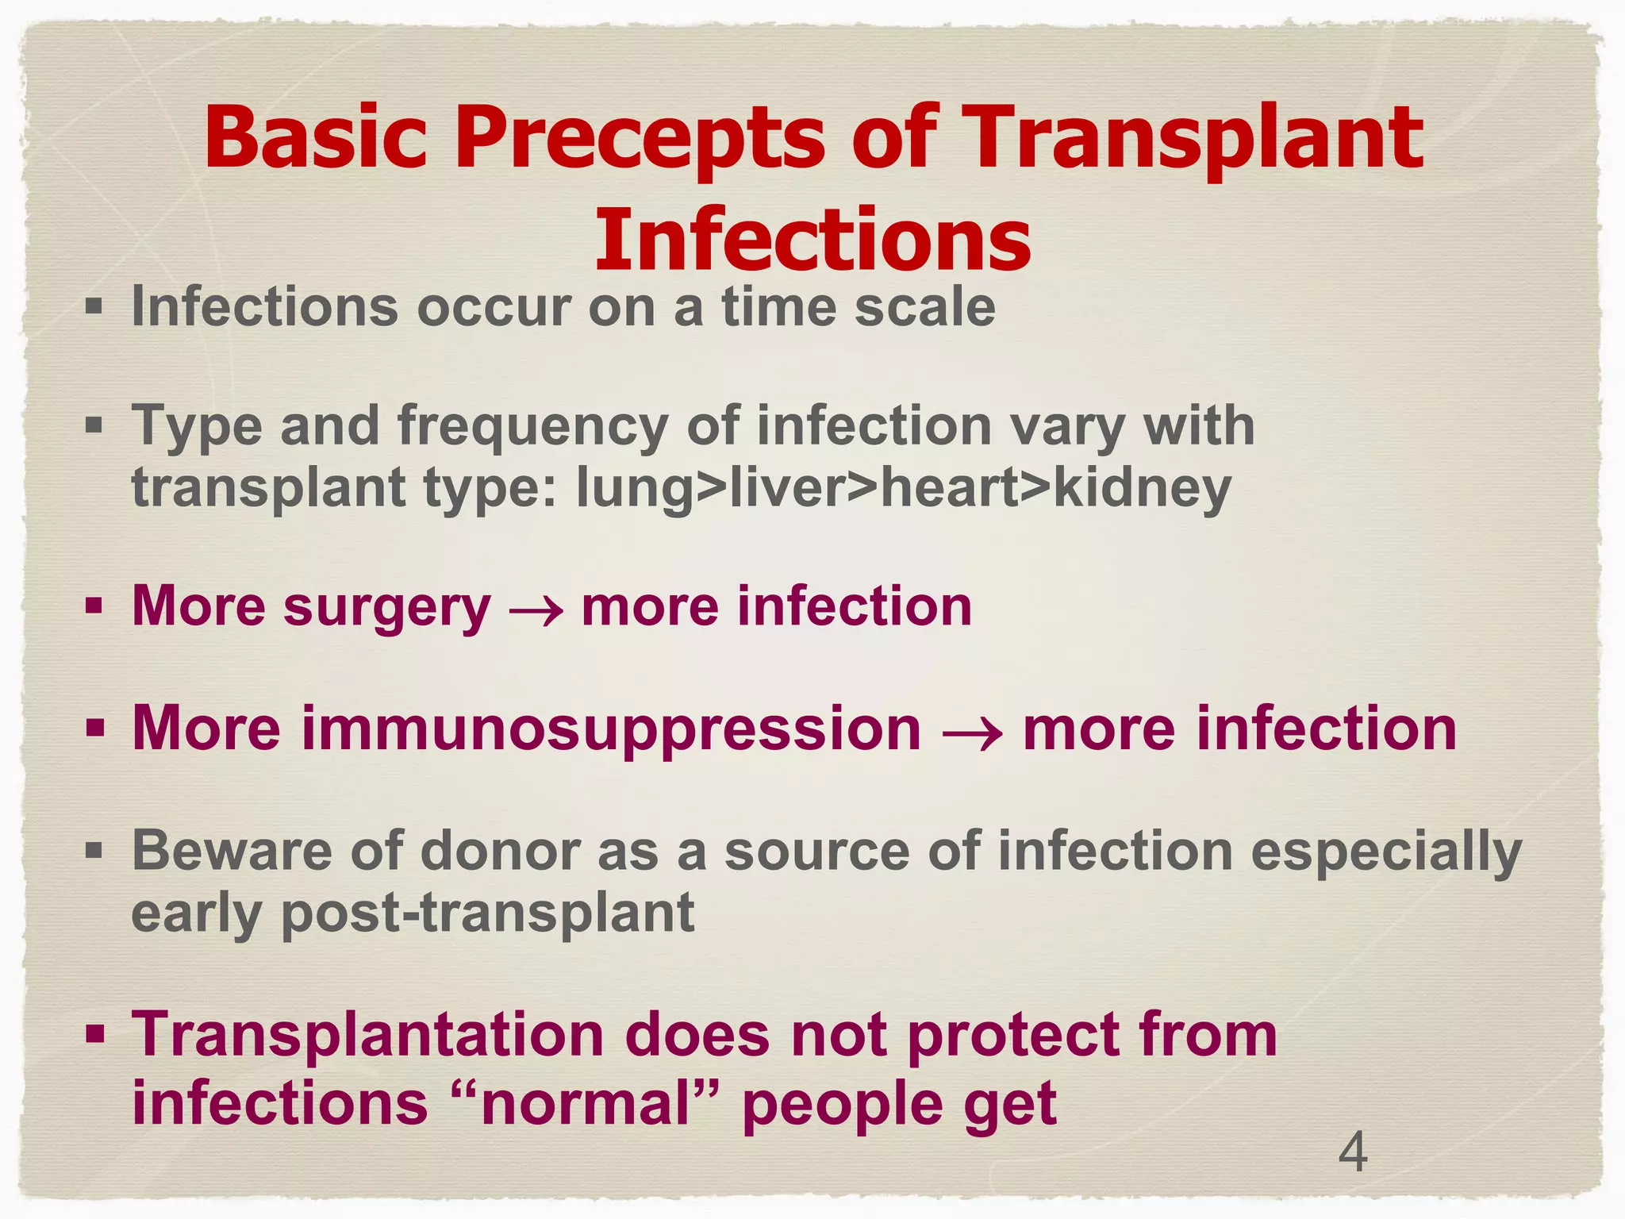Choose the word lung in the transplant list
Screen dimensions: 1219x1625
coord(634,488)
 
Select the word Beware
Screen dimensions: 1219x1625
coord(231,851)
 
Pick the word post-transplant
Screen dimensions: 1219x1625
coord(487,913)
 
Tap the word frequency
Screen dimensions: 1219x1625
coord(533,427)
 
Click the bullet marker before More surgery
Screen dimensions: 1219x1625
coord(94,607)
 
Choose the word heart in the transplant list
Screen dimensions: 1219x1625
coord(946,488)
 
